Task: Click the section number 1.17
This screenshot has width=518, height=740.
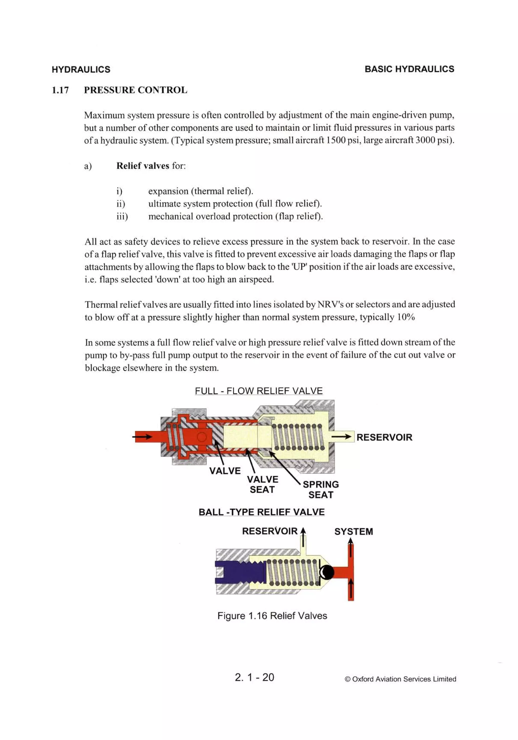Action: pos(60,90)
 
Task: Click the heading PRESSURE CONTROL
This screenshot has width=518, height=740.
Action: pos(136,90)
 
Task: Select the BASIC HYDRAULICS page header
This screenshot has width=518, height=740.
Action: pos(409,69)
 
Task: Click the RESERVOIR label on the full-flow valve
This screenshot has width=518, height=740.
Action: pos(384,437)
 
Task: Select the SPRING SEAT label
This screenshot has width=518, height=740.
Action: pos(321,489)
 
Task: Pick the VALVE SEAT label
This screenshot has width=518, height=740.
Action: pos(262,484)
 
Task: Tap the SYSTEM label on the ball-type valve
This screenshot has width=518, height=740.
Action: pos(354,531)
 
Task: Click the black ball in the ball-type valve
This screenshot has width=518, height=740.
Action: pos(327,572)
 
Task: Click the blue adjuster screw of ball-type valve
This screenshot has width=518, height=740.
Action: pos(239,572)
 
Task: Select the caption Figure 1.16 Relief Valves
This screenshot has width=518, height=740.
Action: pos(272,616)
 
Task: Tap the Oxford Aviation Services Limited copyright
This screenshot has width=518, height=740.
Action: pos(400,679)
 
